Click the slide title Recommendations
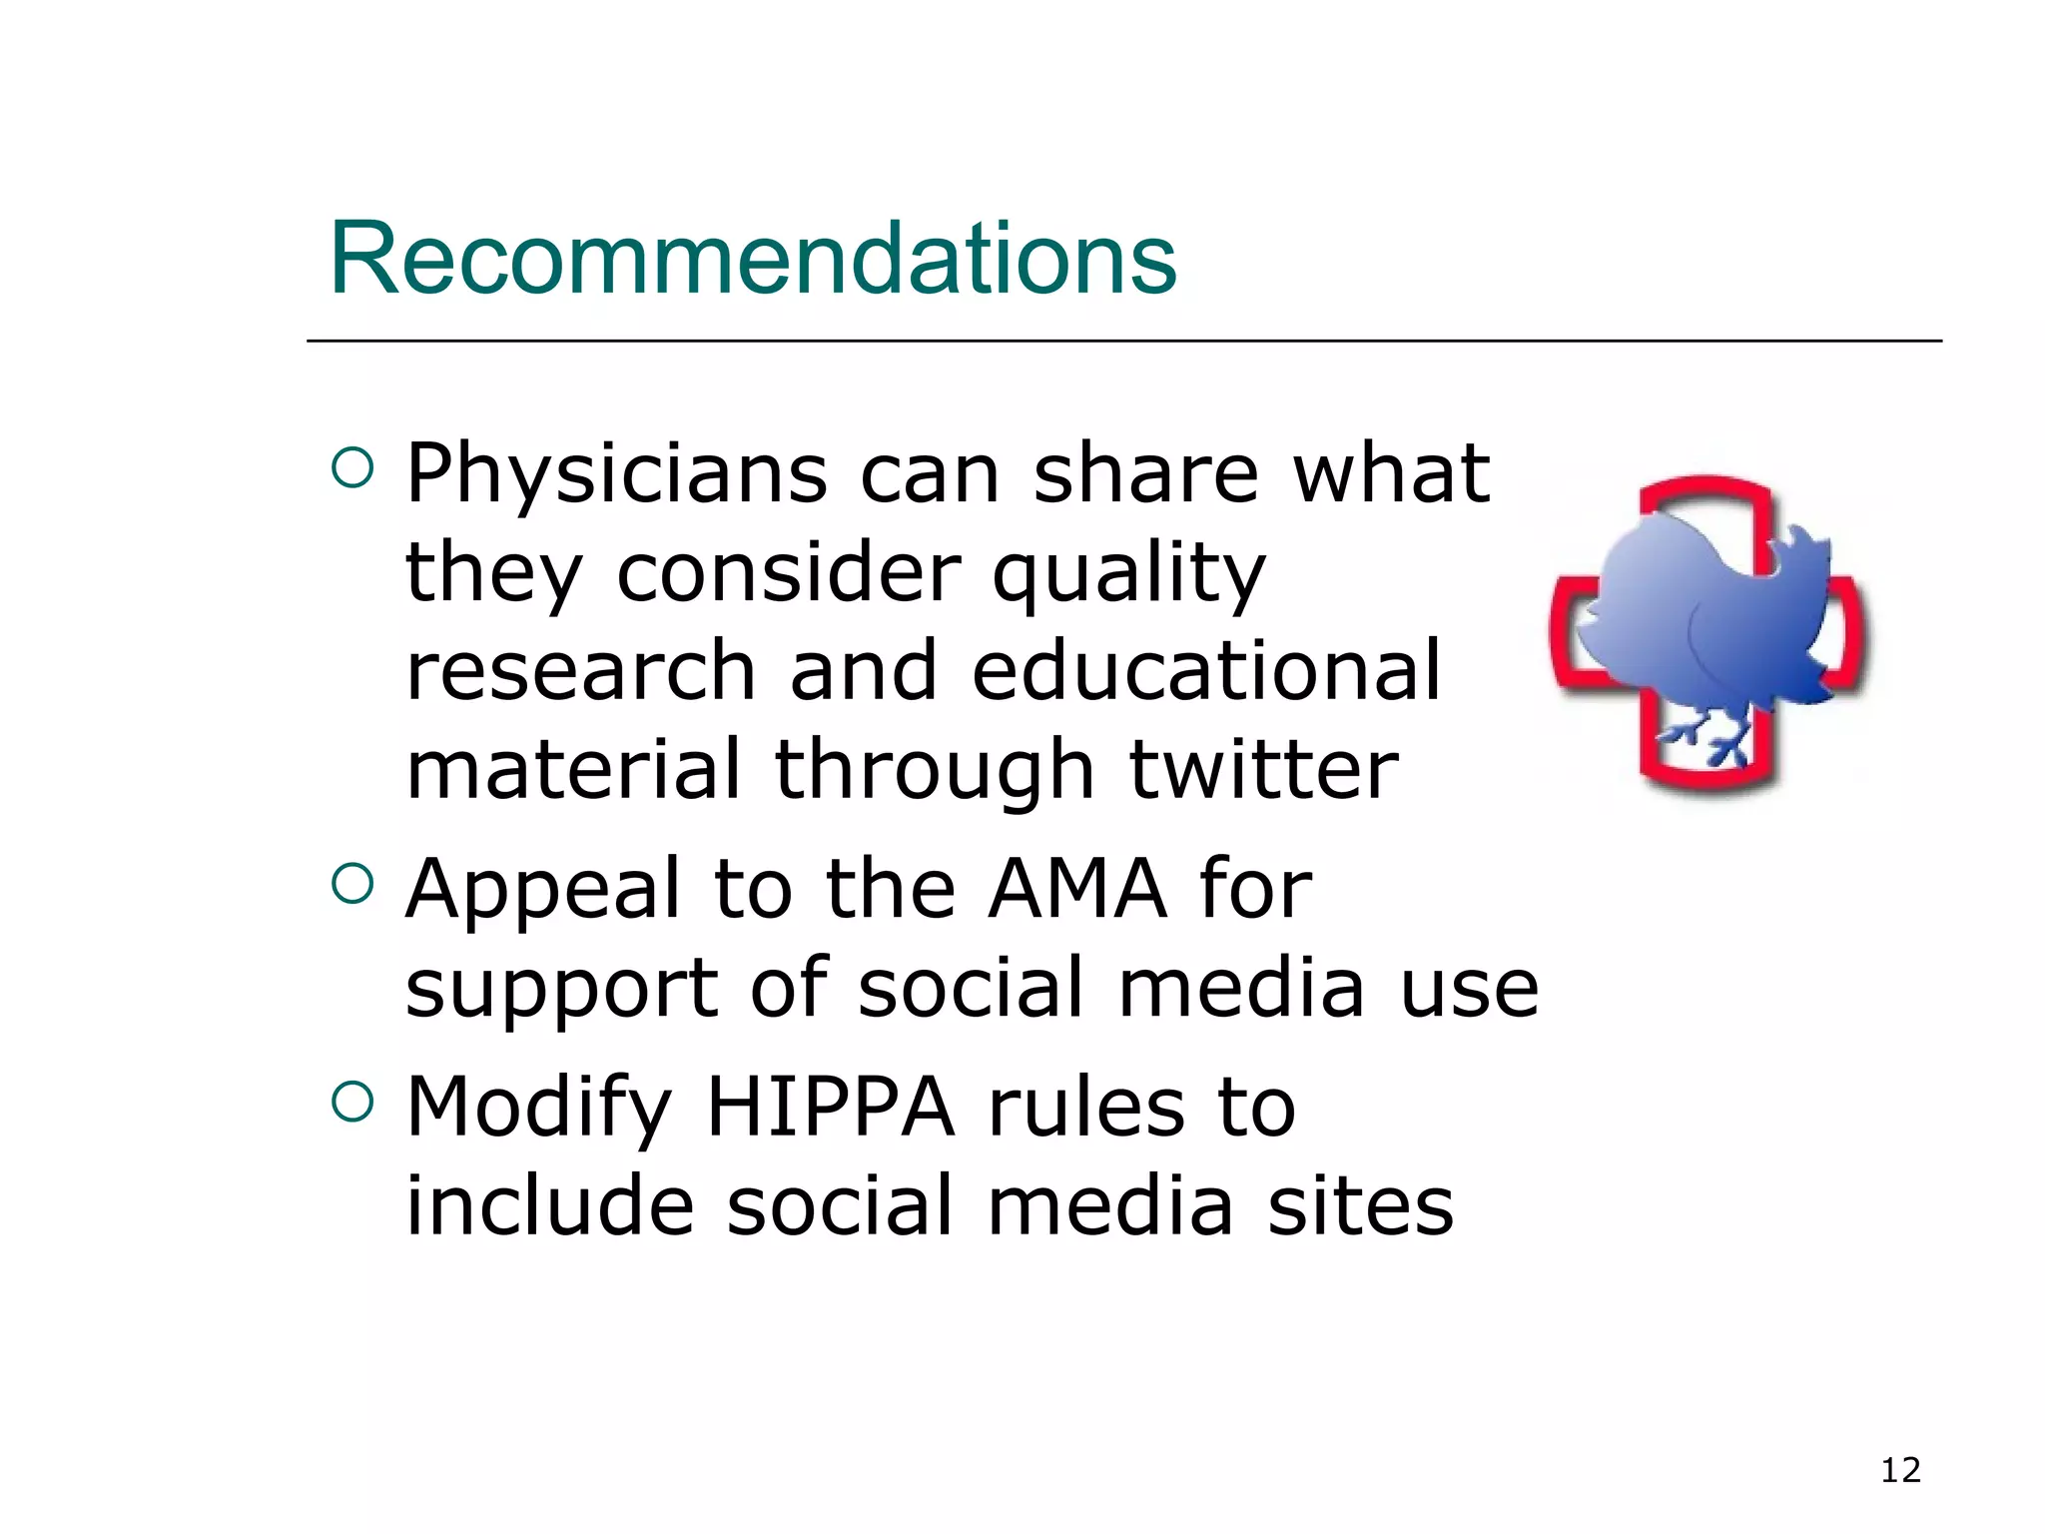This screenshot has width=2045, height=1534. pos(753,259)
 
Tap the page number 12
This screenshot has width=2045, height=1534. pos(1900,1470)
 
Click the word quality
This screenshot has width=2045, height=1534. pos(1128,574)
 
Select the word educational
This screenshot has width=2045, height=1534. pos(1206,671)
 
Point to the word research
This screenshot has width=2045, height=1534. pos(580,671)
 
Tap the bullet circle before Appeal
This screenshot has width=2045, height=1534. pos(351,883)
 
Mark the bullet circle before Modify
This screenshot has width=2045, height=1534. pos(351,1102)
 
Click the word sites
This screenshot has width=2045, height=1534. pos(1360,1205)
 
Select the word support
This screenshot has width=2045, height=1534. pos(561,989)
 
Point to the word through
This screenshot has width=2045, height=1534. pos(935,771)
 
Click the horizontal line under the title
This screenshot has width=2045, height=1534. pos(1123,342)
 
